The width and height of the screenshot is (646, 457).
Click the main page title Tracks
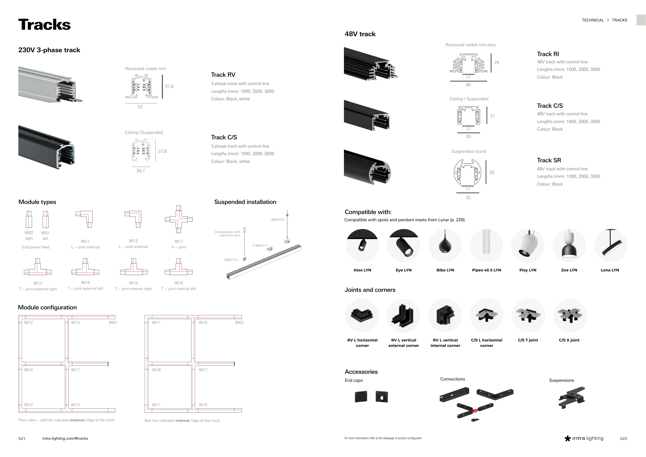tap(44, 25)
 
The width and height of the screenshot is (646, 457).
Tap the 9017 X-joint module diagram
tap(179, 219)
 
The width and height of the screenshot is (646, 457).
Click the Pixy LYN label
tap(528, 270)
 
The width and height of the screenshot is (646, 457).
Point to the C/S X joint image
tap(570, 315)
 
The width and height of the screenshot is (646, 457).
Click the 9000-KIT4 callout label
tap(278, 220)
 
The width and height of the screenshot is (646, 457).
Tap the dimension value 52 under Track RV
tap(140, 107)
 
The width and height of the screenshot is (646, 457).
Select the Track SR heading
tap(549, 161)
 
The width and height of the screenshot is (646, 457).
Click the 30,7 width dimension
tap(140, 171)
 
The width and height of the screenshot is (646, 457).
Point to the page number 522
tap(624, 438)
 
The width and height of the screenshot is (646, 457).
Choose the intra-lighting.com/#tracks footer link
tap(65, 438)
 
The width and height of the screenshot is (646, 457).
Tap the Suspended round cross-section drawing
tap(468, 172)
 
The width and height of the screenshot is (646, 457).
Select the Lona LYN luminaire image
tap(611, 245)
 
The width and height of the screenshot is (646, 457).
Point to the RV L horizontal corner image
tap(362, 315)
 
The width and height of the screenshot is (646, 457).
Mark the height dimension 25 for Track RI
tap(497, 63)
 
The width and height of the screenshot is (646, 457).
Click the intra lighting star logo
tap(567, 438)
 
